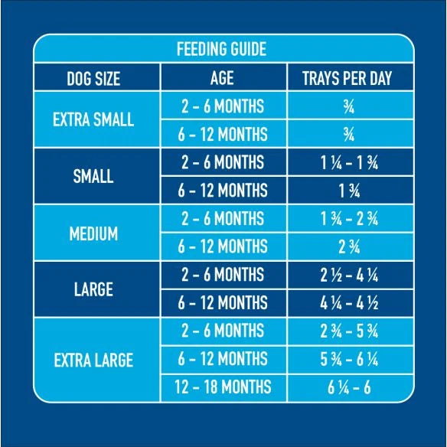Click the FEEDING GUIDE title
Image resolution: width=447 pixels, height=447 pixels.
(x=221, y=49)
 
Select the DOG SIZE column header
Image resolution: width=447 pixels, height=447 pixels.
(x=93, y=78)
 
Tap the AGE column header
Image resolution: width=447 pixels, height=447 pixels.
(x=222, y=78)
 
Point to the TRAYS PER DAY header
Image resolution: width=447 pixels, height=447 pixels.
(x=347, y=78)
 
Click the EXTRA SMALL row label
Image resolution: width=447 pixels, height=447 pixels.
(x=93, y=119)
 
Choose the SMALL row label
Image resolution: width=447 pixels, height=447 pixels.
(x=93, y=176)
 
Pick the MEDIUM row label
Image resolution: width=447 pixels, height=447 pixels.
(x=93, y=233)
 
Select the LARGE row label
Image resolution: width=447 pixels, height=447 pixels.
(x=93, y=289)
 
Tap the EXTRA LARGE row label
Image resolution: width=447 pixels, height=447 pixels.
(x=93, y=360)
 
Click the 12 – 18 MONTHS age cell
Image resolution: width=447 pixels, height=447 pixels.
(x=223, y=387)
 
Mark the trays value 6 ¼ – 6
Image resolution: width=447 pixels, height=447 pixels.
(x=349, y=387)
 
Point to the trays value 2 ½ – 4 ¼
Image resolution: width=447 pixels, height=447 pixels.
(x=349, y=276)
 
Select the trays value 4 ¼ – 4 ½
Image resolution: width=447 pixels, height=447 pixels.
(x=349, y=303)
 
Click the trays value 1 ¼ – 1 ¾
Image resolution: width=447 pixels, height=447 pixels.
(x=349, y=163)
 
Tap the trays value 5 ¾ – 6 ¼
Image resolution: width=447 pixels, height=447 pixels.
(x=349, y=359)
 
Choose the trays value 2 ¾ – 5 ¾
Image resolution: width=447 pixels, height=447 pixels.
(x=349, y=331)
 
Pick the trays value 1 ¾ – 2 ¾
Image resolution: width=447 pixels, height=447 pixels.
(x=349, y=219)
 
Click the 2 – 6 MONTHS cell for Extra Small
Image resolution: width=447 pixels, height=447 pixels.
(x=223, y=106)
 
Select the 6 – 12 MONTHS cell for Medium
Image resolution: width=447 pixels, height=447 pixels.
(x=223, y=246)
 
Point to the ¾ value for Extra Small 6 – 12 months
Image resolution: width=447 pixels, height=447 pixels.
(x=349, y=135)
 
